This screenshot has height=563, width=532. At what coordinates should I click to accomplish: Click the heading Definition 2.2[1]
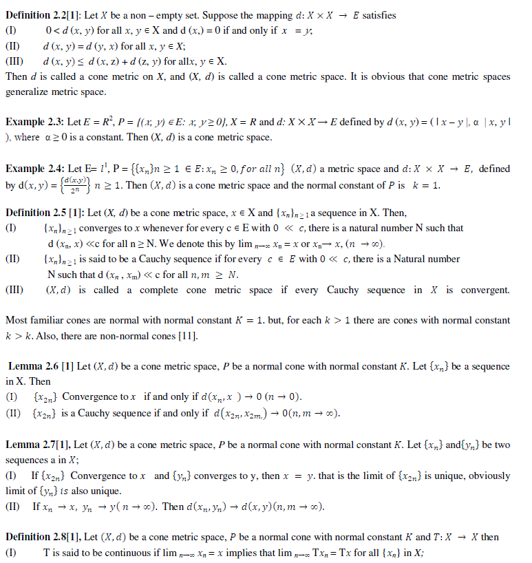coord(38,15)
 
